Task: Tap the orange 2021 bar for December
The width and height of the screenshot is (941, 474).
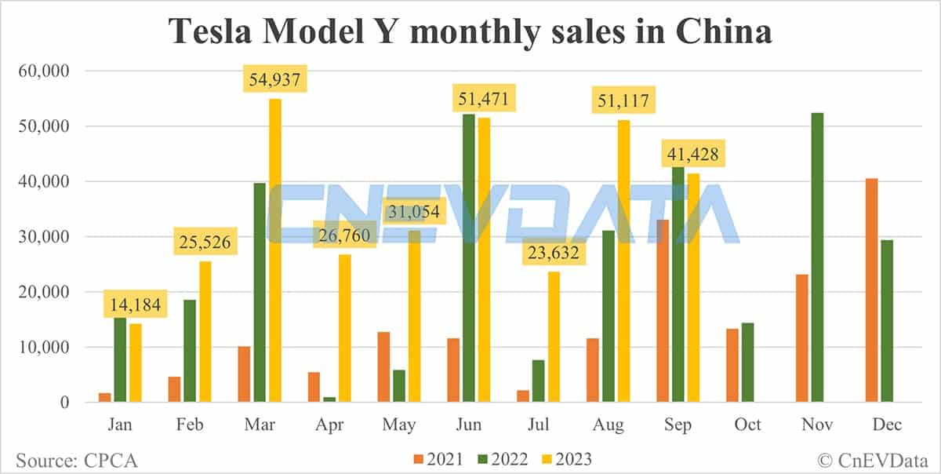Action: [872, 290]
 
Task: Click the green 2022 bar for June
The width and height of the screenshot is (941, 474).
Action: [469, 258]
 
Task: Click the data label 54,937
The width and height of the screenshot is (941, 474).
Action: [275, 80]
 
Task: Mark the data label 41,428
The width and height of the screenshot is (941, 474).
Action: [692, 154]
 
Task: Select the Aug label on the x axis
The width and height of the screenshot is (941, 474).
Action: [609, 425]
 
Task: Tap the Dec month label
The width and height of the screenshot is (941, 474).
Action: [887, 425]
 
